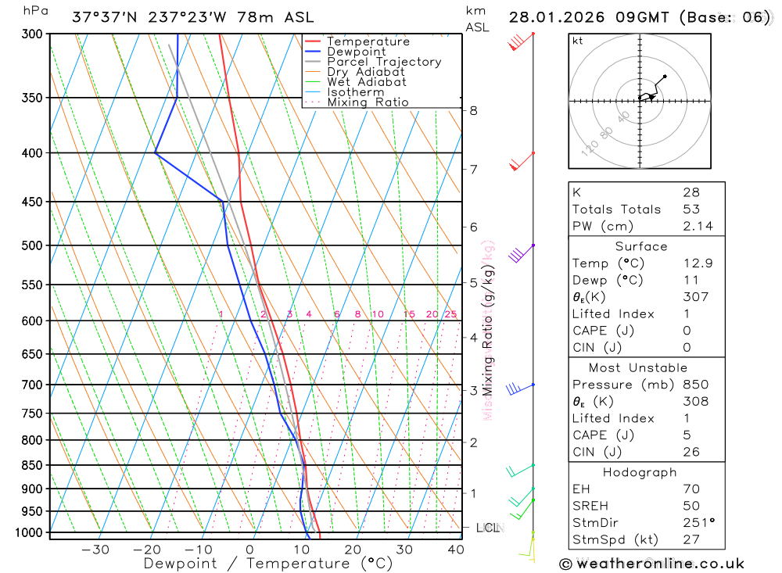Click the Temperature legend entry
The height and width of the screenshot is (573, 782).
pos(368,41)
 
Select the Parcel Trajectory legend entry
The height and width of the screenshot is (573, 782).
pos(384,62)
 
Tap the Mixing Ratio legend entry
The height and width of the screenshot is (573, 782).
pos(368,102)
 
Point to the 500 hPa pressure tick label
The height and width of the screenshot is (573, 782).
pos(32,245)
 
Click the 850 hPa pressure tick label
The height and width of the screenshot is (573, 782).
pos(32,465)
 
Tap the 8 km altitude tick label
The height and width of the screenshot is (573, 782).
pos(473,110)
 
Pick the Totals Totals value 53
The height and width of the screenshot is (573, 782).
pos(691,209)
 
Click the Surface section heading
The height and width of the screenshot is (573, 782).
pos(641,246)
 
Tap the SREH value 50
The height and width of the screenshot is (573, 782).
pos(691,506)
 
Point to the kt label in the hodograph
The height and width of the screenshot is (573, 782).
pos(578,41)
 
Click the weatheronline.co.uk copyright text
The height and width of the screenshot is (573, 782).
pos(652,563)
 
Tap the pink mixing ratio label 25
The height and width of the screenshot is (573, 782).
pos(450,314)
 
